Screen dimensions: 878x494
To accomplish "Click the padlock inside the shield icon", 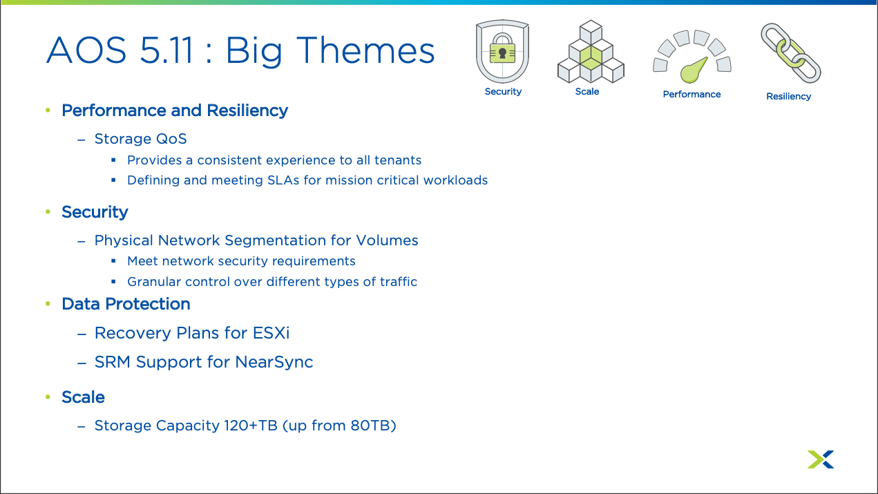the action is pyautogui.click(x=502, y=50).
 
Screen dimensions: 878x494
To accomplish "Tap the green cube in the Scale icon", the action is pyautogui.click(x=591, y=57).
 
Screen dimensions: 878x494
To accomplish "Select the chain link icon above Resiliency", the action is pyautogui.click(x=791, y=53).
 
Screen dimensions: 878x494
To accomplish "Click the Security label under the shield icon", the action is pyautogui.click(x=503, y=92).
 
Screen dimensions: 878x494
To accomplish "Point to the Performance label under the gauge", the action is pyautogui.click(x=691, y=94).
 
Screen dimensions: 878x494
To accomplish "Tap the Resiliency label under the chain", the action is pyautogui.click(x=789, y=97).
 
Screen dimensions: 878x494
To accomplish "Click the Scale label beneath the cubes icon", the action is pyautogui.click(x=586, y=91).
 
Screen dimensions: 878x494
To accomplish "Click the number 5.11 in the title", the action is pyautogui.click(x=166, y=50).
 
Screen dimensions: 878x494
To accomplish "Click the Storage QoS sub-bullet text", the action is pyautogui.click(x=141, y=139).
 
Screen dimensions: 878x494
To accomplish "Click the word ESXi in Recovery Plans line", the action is pyautogui.click(x=271, y=333).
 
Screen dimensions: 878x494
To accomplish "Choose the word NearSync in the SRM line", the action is pyautogui.click(x=274, y=362).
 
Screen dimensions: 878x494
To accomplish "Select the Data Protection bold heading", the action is pyautogui.click(x=126, y=304).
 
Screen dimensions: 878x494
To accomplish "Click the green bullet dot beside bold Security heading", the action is pyautogui.click(x=48, y=211).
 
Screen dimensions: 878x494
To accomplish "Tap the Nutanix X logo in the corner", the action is pyautogui.click(x=821, y=459).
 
